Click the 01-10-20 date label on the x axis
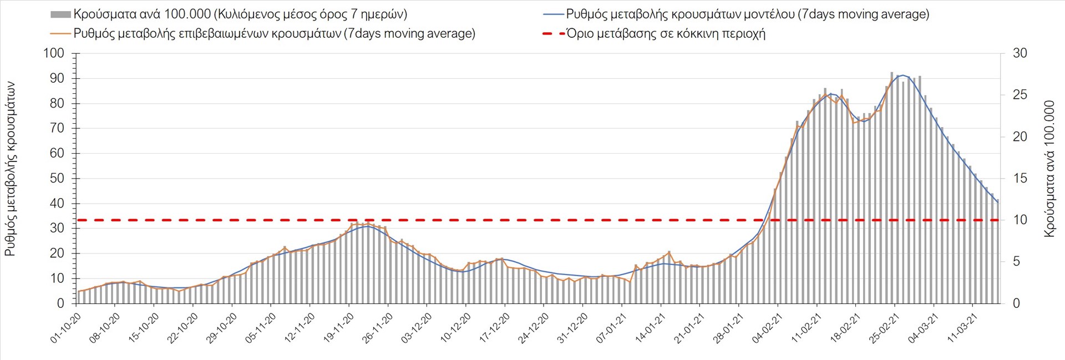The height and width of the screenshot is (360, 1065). click(x=66, y=328)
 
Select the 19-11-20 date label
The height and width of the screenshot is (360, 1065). click(x=338, y=328)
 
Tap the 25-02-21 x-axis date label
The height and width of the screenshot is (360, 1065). click(x=884, y=328)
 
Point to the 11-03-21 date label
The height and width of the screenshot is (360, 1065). click(x=962, y=328)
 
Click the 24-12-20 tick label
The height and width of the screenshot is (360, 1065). click(x=533, y=328)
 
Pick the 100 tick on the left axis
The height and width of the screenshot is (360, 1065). click(x=54, y=53)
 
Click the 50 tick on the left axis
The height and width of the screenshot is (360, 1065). click(x=57, y=179)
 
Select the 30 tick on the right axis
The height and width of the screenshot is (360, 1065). click(x=1020, y=53)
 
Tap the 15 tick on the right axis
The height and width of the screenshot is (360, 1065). click(x=1020, y=179)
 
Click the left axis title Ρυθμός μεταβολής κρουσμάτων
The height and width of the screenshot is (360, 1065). click(x=10, y=169)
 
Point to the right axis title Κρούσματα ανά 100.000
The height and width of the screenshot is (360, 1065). click(x=1049, y=169)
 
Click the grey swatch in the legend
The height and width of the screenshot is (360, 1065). click(x=60, y=14)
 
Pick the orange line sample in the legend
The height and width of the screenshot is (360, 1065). click(x=60, y=34)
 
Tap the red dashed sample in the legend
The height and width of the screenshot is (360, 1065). click(x=553, y=34)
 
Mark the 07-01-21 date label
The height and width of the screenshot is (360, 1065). click(x=611, y=328)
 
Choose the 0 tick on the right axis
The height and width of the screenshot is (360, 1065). click(x=1017, y=303)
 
